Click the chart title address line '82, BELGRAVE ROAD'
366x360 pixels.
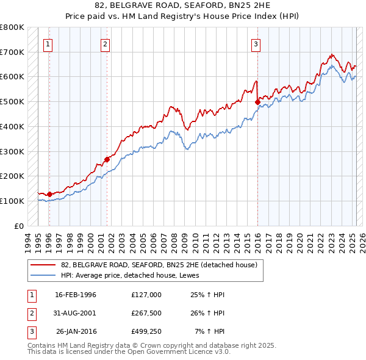pos(182,7)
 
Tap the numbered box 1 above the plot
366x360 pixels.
pos(48,43)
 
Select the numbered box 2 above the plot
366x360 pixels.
pos(106,43)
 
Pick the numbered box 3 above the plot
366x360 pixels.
pos(256,43)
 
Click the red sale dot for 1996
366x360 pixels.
pos(49,194)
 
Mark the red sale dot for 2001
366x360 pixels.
pos(107,159)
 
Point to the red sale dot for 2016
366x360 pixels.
pos(257,102)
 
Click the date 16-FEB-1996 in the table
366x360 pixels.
pos(76,295)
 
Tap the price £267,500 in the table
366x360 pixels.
pos(146,313)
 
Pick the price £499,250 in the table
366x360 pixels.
pos(146,332)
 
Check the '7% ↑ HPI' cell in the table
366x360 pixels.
pos(210,332)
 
